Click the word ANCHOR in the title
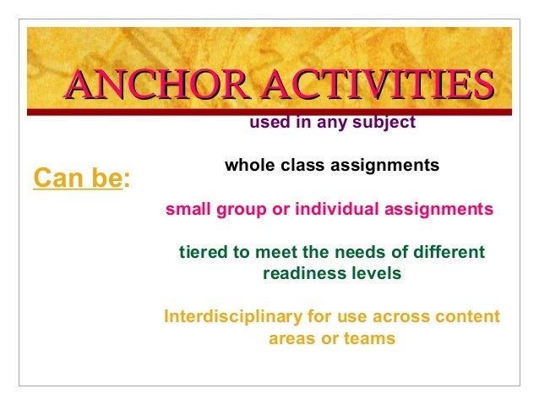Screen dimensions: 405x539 (158, 85)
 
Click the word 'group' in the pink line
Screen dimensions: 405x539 (240, 209)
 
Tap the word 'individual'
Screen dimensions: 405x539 (324, 209)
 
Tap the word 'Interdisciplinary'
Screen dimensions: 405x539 (232, 318)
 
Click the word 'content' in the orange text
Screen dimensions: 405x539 (465, 318)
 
